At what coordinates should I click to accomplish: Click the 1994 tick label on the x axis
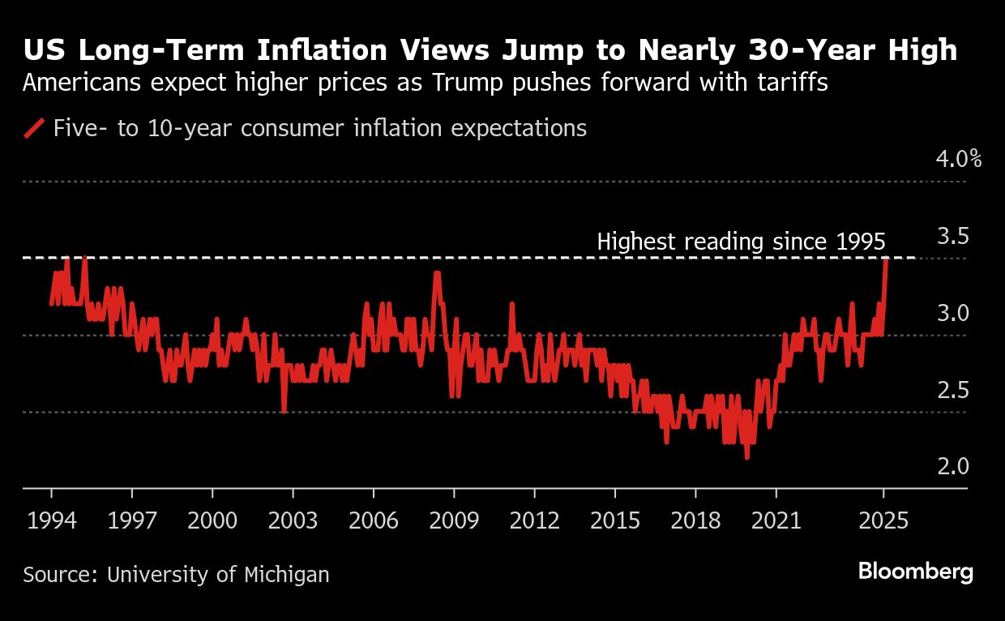click(51, 520)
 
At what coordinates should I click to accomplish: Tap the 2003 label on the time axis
click(293, 520)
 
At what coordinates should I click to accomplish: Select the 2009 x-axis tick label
click(454, 520)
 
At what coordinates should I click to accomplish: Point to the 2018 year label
click(695, 520)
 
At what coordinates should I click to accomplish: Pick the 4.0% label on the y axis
click(958, 159)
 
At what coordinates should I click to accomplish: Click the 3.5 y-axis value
click(953, 237)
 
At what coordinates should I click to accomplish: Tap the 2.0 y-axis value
click(953, 467)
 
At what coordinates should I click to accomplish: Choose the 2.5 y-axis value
click(953, 391)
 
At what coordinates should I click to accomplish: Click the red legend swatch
click(34, 128)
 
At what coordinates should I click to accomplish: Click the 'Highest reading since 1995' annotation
click(741, 242)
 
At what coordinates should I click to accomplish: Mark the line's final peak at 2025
click(887, 259)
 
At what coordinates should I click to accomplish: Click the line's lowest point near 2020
click(746, 457)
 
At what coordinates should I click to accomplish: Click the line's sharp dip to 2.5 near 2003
click(284, 411)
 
